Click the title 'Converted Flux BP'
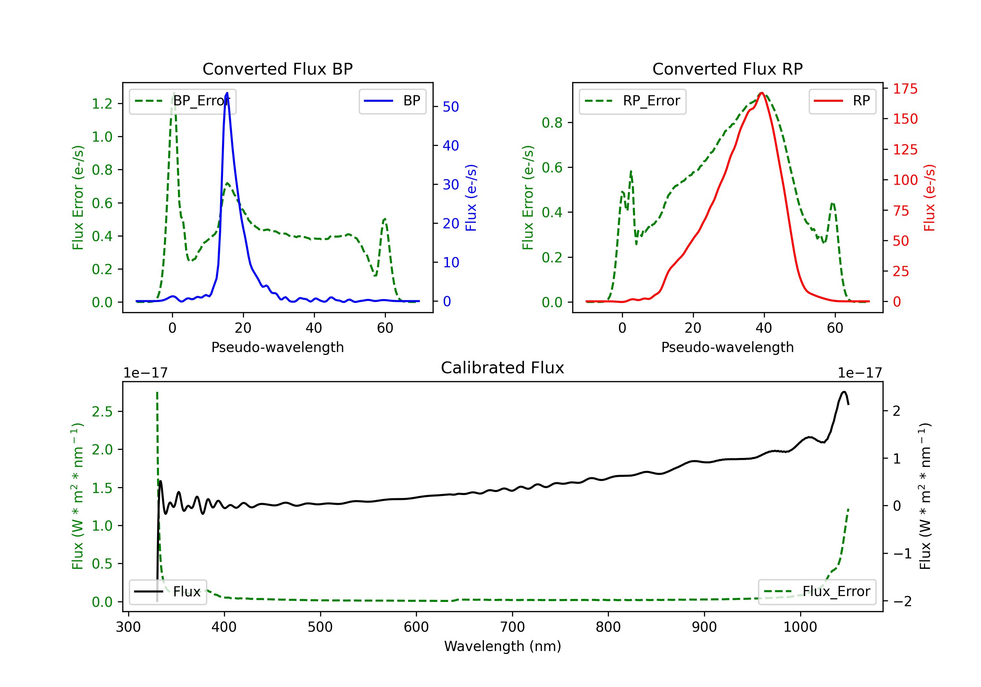coord(277,69)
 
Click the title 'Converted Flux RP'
coord(727,69)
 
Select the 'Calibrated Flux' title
coord(503,368)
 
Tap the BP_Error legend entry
coord(182,101)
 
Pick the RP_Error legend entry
coord(632,101)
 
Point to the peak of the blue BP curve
coord(227,93)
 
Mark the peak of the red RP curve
coord(762,93)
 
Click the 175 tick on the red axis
coord(905,89)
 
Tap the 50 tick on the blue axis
coord(451,107)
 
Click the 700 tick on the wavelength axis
coord(512,627)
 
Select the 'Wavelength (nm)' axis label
coord(503,646)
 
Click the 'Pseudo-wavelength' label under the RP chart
coord(727,347)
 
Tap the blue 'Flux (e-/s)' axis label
coord(471,198)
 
